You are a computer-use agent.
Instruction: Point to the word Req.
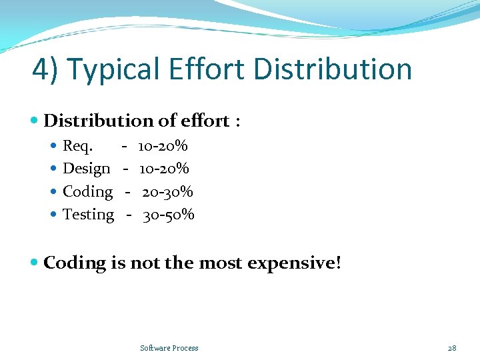(78, 145)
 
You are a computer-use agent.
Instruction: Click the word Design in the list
(86, 169)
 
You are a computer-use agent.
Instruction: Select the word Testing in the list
(88, 215)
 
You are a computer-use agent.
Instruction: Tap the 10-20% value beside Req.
(163, 145)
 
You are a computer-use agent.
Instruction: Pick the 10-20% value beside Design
(164, 169)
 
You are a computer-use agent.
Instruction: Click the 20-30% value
(167, 192)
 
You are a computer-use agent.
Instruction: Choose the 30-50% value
(169, 215)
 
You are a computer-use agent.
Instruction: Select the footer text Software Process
(169, 348)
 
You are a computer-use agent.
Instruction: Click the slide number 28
(452, 348)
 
